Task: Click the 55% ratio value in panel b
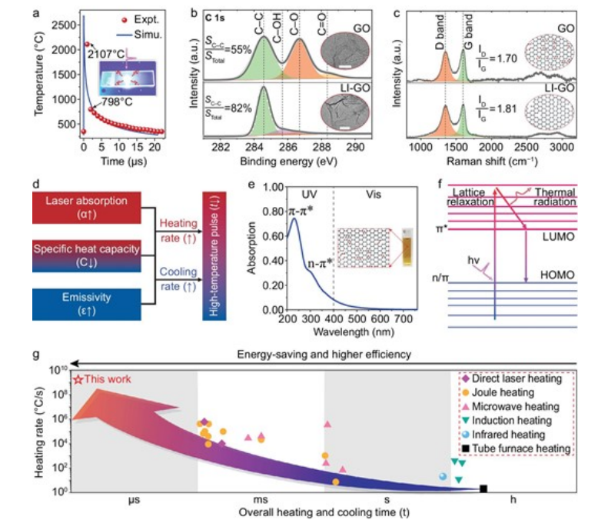point(235,48)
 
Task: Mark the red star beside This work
point(78,380)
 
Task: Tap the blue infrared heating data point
point(443,477)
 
